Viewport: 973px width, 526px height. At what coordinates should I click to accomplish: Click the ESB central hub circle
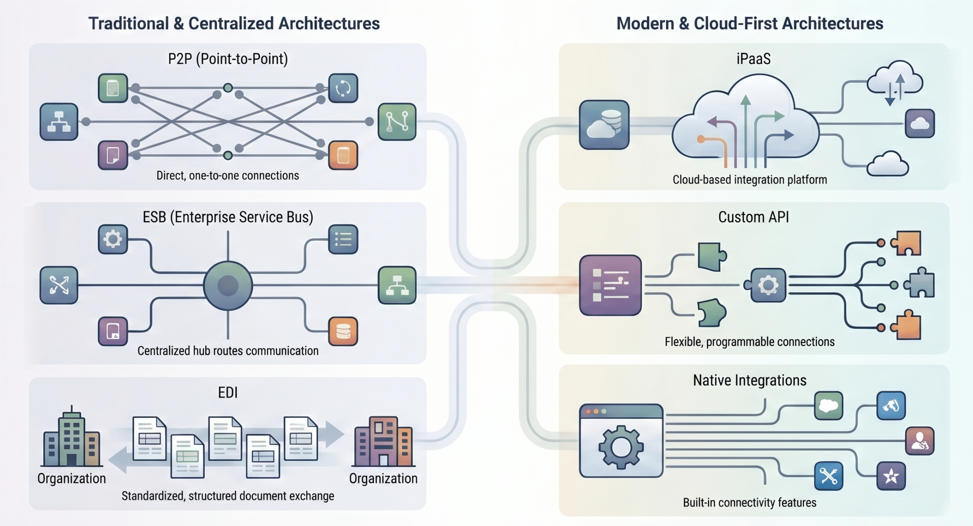228,285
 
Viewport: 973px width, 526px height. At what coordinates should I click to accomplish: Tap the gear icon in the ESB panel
113,239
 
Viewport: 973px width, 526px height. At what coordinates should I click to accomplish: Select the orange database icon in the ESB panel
343,331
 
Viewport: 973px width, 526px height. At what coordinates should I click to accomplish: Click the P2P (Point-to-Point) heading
228,59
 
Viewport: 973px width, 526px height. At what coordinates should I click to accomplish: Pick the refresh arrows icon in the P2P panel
343,88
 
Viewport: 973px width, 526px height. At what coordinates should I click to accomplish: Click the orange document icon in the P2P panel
343,156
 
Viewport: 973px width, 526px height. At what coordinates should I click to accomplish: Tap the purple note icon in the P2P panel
113,156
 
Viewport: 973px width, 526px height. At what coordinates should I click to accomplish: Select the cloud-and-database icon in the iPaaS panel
604,125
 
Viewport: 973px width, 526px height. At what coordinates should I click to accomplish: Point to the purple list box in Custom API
610,285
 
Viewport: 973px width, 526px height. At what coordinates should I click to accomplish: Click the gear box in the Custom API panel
768,285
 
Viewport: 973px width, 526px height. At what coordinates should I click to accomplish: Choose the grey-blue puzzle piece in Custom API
919,284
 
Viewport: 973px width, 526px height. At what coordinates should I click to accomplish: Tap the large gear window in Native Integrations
621,441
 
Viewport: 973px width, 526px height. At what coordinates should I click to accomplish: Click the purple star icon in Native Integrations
891,476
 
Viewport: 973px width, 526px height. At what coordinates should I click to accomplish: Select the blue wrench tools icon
828,476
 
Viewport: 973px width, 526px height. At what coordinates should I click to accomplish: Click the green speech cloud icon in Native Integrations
828,406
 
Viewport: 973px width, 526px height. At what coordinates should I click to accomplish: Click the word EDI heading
228,392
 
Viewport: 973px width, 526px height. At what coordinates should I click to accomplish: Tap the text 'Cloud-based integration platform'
749,180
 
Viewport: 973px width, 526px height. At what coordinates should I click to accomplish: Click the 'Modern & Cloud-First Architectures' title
749,23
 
